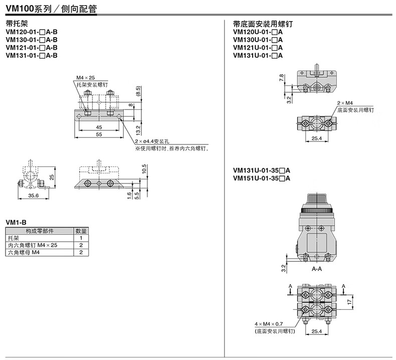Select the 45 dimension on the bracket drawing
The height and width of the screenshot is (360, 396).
click(x=99, y=127)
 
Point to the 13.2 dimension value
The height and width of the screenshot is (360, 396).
click(x=138, y=131)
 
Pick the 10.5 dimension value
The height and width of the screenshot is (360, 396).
click(x=144, y=170)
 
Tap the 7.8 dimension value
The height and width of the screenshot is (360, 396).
click(x=282, y=78)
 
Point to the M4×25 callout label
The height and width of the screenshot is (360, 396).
click(x=85, y=78)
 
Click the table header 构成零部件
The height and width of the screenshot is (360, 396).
click(x=40, y=231)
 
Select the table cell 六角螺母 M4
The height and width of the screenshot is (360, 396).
click(x=24, y=253)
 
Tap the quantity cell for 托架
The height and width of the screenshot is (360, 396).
click(x=81, y=238)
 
